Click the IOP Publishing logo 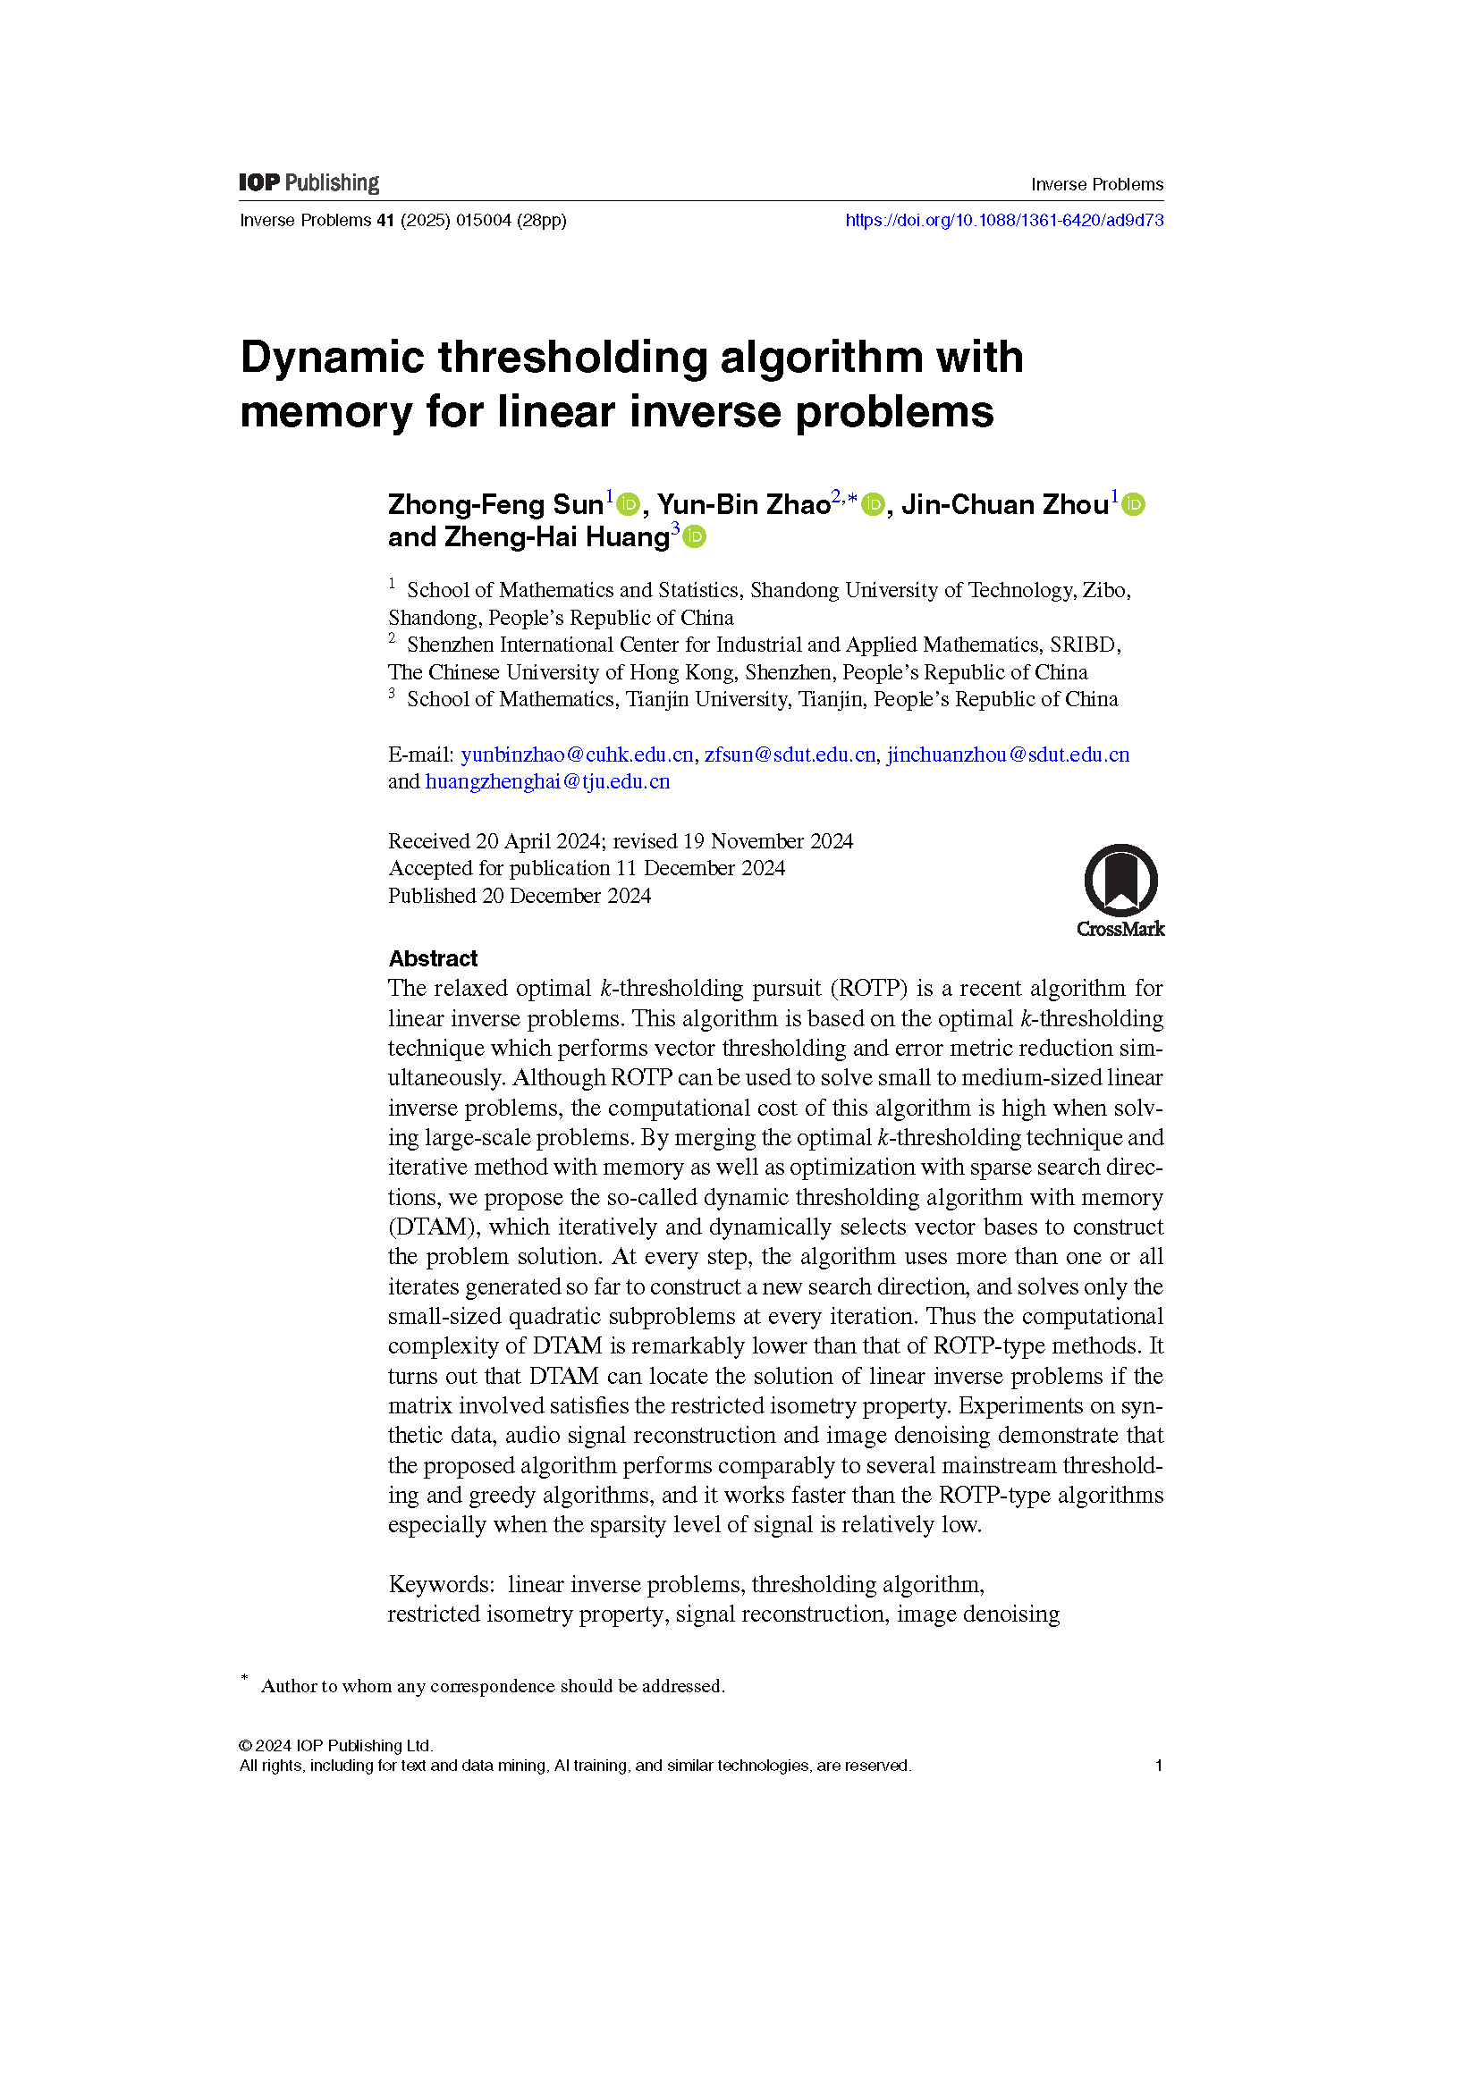coord(308,183)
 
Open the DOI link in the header coord(1003,221)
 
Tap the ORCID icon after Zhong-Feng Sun coord(629,504)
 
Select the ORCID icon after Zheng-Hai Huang coord(694,537)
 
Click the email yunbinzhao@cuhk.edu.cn coord(577,755)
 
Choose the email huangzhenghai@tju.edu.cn coord(547,782)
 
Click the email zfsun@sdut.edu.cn coord(790,755)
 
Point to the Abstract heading coord(433,959)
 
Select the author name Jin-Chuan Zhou coord(1004,504)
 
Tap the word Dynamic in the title coord(333,357)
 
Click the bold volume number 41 coord(385,221)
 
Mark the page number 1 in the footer coord(1158,1766)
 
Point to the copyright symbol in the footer coord(245,1746)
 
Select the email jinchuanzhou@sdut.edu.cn coord(1008,755)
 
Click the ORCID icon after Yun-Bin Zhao coord(873,504)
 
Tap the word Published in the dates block coord(432,896)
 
